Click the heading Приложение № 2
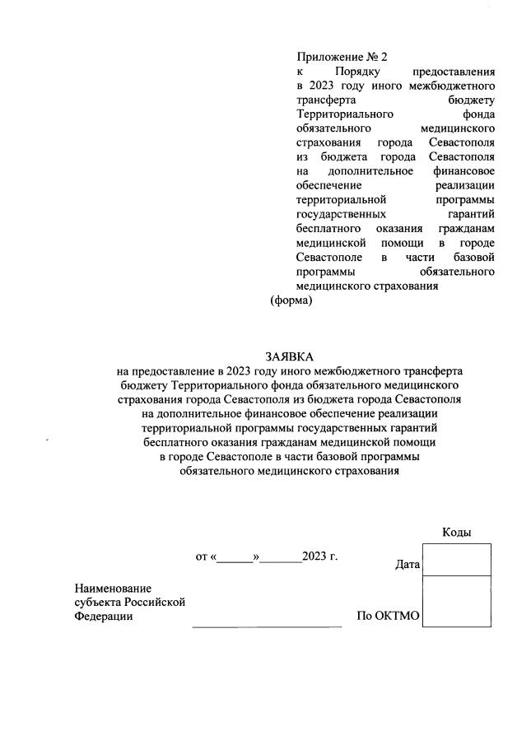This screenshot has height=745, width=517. coord(341,57)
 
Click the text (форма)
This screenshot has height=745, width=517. coord(291,301)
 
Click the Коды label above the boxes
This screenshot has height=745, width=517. coord(456,532)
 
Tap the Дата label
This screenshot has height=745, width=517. coord(408,566)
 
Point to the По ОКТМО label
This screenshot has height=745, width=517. coord(388,616)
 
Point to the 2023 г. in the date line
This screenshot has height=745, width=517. coord(319,556)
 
